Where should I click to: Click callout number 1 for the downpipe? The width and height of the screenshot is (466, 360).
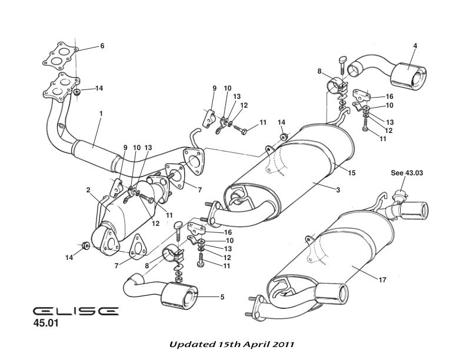point(100,114)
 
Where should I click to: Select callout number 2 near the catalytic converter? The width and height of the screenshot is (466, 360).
point(88,190)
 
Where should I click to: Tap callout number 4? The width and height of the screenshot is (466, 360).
point(415,45)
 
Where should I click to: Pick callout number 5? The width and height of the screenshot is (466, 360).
point(222,297)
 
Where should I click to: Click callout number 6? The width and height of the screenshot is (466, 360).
point(102,46)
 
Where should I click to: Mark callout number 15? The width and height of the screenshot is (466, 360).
point(352,173)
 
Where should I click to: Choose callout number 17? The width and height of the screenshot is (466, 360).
point(382,280)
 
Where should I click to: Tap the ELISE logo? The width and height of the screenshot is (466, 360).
point(75,310)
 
